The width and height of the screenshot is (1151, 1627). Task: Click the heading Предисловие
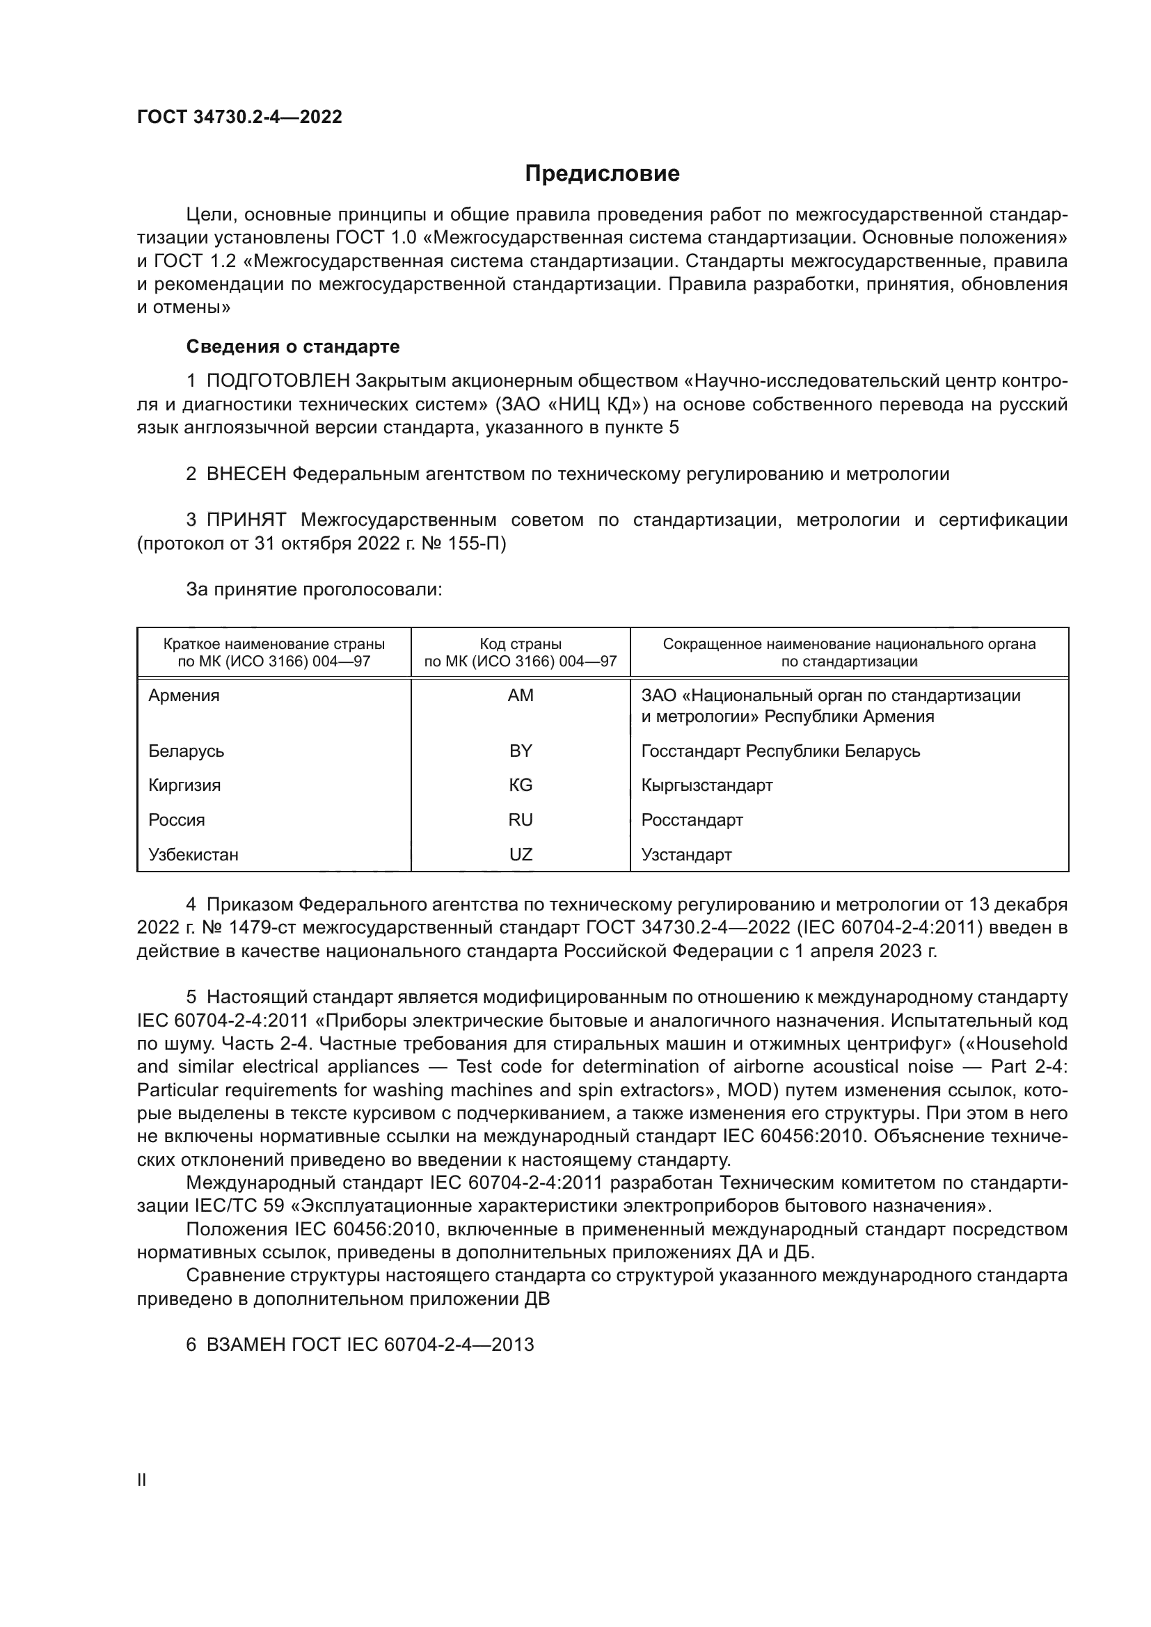tap(602, 174)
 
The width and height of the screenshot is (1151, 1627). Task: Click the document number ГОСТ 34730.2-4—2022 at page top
tap(239, 117)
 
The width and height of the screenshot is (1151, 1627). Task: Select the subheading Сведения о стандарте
tap(293, 346)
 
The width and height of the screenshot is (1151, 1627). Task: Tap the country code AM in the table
tap(521, 695)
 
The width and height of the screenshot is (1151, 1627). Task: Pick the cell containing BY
tap(521, 751)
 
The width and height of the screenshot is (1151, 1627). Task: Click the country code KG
tap(521, 785)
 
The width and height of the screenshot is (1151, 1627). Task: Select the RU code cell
tap(521, 820)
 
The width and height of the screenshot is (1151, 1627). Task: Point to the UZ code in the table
tap(521, 855)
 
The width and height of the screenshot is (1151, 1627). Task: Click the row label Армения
tap(184, 695)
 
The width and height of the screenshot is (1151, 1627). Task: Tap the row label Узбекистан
tap(193, 855)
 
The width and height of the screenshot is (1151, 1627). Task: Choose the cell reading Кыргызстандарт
tap(706, 785)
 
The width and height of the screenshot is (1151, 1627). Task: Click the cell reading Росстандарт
tap(692, 820)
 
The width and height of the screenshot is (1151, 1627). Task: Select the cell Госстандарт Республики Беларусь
tap(780, 751)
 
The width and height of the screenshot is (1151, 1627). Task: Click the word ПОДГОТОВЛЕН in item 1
tap(278, 381)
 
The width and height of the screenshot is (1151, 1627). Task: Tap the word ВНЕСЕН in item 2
tap(246, 474)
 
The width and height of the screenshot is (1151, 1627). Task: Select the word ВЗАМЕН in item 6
tap(246, 1345)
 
